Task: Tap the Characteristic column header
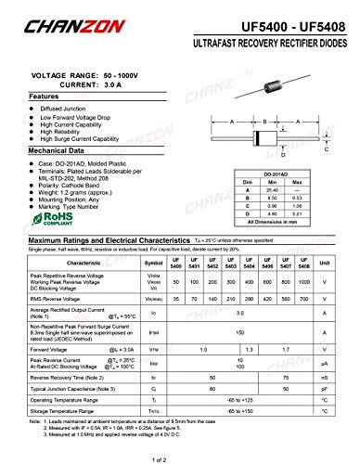[x=84, y=264]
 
